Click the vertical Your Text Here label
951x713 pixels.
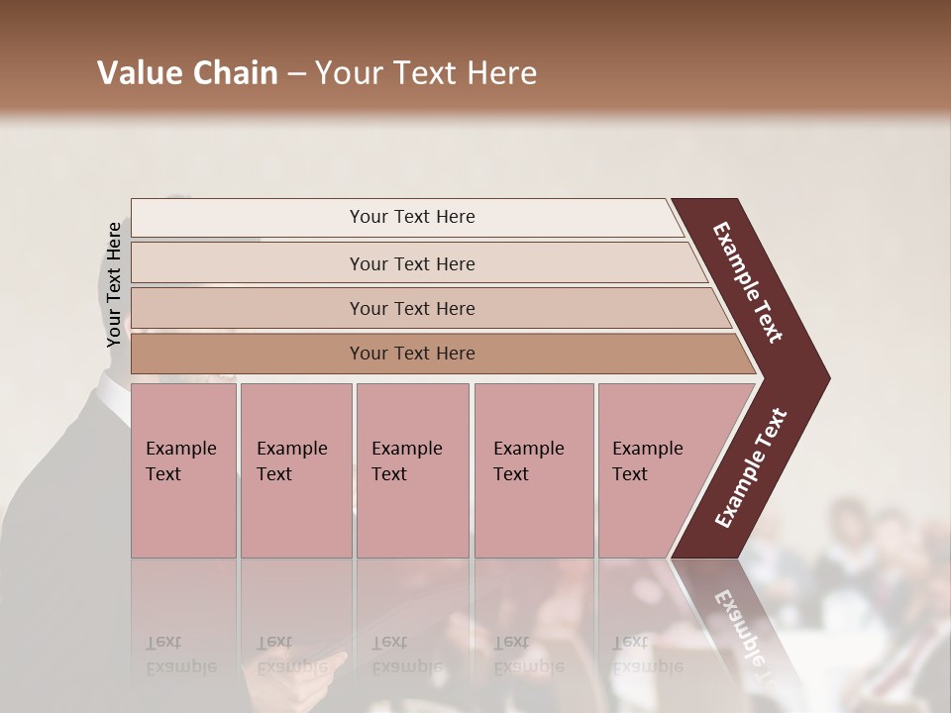coord(114,284)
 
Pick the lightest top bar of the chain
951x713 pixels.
coord(406,217)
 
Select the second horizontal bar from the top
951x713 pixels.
coord(416,263)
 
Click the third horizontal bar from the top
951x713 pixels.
coord(426,308)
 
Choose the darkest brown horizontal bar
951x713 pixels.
coord(436,354)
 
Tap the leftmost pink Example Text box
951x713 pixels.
coord(183,470)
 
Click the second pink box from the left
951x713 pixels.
coord(295,470)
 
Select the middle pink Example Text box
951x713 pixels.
coord(412,470)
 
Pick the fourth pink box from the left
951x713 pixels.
coord(534,470)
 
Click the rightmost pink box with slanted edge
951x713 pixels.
coord(654,470)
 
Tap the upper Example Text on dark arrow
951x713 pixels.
coord(748,282)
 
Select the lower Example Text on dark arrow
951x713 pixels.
coord(751,467)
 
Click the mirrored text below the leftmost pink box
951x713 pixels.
coord(181,654)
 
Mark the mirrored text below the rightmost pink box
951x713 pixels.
coord(647,654)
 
